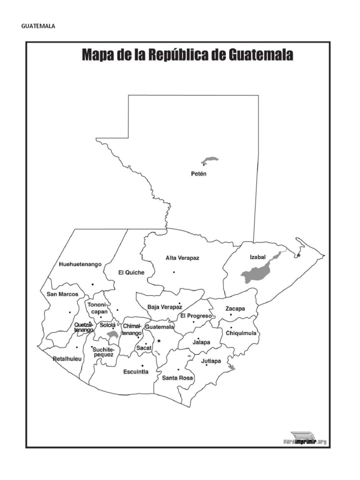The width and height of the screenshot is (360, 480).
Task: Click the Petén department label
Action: pyautogui.click(x=199, y=174)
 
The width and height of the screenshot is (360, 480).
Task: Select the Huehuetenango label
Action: pyautogui.click(x=80, y=264)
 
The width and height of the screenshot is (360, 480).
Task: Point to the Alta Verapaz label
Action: pyautogui.click(x=182, y=258)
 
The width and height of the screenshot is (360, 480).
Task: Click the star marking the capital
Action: pyautogui.click(x=159, y=341)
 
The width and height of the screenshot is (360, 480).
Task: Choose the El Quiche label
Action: pyautogui.click(x=131, y=272)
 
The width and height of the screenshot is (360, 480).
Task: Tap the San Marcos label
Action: pyautogui.click(x=59, y=294)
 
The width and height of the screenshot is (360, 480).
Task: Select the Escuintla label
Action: pyautogui.click(x=135, y=372)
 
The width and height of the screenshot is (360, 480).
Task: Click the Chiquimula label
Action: pyautogui.click(x=241, y=333)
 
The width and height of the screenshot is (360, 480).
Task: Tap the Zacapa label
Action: pyautogui.click(x=235, y=308)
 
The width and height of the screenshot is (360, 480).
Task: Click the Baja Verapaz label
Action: pyautogui.click(x=164, y=307)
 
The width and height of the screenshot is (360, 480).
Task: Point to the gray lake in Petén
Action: pyautogui.click(x=210, y=160)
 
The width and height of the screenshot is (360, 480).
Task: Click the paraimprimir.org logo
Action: pyautogui.click(x=305, y=439)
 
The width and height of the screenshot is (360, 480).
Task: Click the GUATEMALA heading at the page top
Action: pyautogui.click(x=38, y=26)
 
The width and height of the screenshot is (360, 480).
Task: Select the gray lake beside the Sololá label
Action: pyautogui.click(x=112, y=335)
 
